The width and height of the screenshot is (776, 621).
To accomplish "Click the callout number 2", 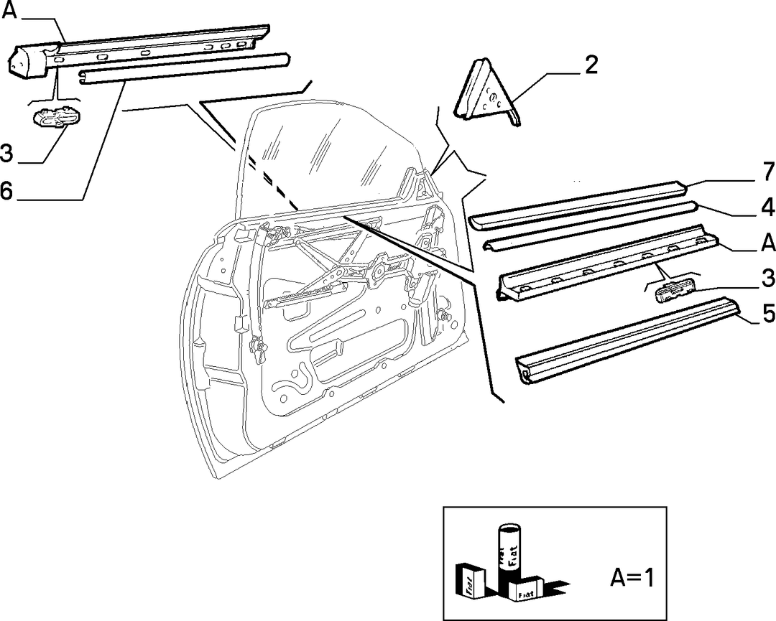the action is point(591,65).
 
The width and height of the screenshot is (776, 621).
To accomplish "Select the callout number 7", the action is point(768,171).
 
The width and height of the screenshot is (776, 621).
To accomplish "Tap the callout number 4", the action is point(768,207).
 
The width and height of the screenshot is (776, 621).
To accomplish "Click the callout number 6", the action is point(6,191).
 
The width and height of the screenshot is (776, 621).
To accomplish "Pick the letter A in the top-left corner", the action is point(9,10).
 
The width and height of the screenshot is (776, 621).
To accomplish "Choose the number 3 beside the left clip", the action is point(6,153).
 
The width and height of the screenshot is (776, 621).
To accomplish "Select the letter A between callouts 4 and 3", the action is point(768,243).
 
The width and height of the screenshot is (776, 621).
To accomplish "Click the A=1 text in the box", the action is point(632,577).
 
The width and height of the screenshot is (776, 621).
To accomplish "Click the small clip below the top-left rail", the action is point(57,117).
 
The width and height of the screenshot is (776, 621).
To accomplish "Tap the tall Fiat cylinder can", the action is point(509,552).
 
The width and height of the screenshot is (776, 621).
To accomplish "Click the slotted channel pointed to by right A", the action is point(606,261).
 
